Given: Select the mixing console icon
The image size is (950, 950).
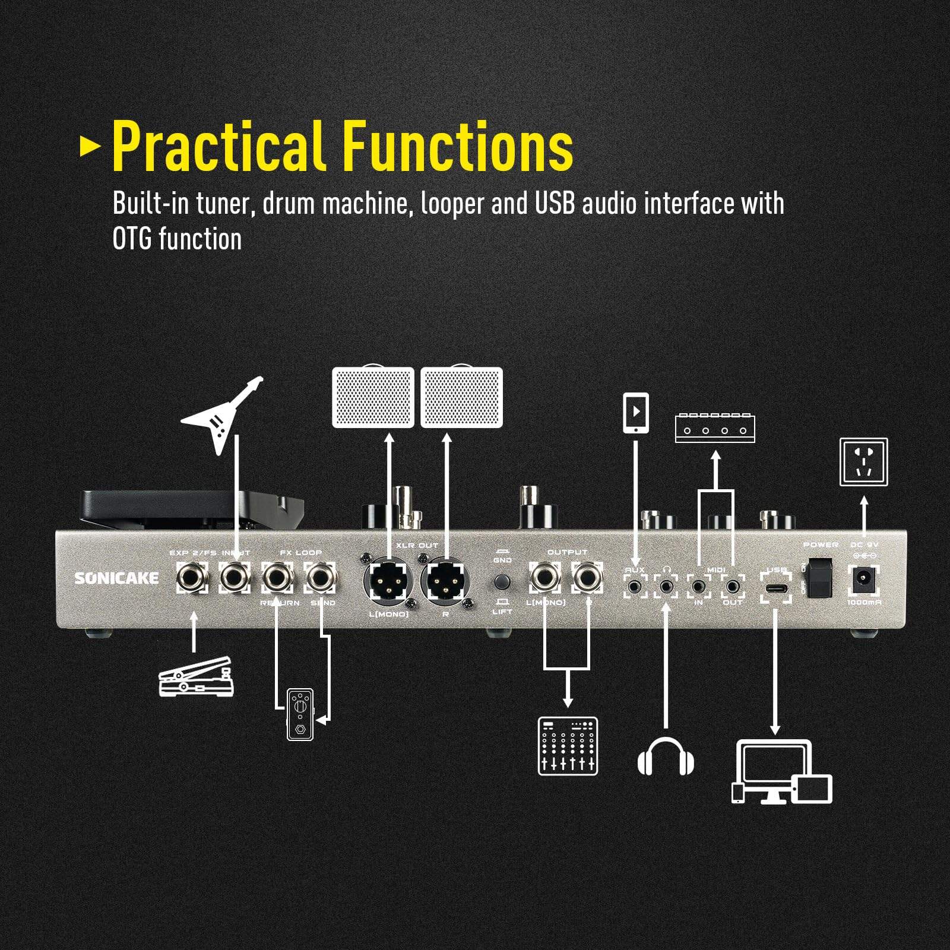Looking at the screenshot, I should pos(568,746).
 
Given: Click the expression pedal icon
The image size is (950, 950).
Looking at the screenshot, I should pos(197,677).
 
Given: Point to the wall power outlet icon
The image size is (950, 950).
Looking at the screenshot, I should pos(863,462).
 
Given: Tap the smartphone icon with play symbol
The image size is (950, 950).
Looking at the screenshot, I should pos(635,412).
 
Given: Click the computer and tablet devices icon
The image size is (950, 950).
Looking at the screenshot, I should pos(781,772).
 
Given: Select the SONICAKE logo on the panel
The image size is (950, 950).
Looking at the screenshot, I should pos(116,578).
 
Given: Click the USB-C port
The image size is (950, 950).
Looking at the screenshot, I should pos(775,588).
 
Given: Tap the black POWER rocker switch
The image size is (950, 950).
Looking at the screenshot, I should pos(821,577).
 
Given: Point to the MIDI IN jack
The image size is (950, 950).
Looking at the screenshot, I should pos(698,587).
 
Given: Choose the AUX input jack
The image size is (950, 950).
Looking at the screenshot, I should pos(635,587).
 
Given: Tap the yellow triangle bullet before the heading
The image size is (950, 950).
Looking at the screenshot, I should pos(90,146).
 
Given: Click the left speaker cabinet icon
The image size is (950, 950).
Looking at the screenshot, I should pos(373,397).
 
